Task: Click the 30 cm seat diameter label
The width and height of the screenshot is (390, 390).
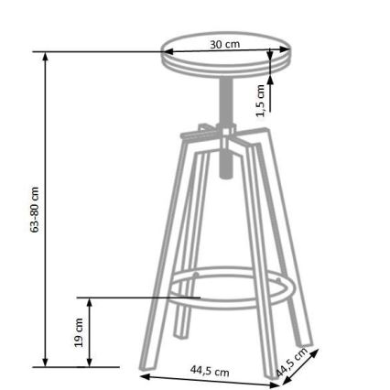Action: point(225,44)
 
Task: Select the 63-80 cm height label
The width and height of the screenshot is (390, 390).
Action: point(35,210)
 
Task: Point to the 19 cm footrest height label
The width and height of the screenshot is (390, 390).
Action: point(80,331)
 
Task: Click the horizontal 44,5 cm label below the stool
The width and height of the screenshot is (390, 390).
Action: point(210,371)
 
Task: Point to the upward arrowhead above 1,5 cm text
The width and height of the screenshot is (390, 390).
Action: point(270,81)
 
